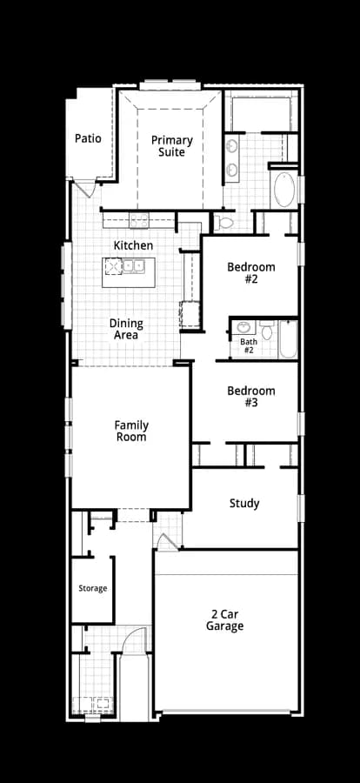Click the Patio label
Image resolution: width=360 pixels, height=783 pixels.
[88, 138]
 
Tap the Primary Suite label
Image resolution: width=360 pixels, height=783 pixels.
[172, 146]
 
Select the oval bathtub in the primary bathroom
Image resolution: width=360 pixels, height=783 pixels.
[284, 190]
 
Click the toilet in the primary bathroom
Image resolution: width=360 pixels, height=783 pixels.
[224, 223]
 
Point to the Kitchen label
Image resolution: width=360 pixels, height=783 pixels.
[133, 245]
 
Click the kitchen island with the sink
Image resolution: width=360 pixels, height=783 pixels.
[129, 272]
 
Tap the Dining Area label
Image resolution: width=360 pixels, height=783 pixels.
[126, 329]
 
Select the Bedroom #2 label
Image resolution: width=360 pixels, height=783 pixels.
[251, 272]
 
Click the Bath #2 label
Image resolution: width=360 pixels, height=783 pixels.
[249, 345]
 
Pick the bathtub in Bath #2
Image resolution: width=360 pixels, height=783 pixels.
[288, 339]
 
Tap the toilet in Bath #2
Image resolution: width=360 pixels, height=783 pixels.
[267, 330]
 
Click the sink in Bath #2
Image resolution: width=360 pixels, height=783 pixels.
[243, 328]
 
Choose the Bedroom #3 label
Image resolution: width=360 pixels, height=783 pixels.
[251, 397]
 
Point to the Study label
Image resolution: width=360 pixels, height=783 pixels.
[244, 504]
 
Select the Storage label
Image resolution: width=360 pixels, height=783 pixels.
[93, 588]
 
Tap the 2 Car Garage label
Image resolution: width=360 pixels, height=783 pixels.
[224, 619]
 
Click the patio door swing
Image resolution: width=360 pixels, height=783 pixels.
[85, 189]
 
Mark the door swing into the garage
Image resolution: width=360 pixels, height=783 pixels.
[167, 542]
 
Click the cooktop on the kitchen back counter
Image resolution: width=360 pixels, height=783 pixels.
[137, 220]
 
